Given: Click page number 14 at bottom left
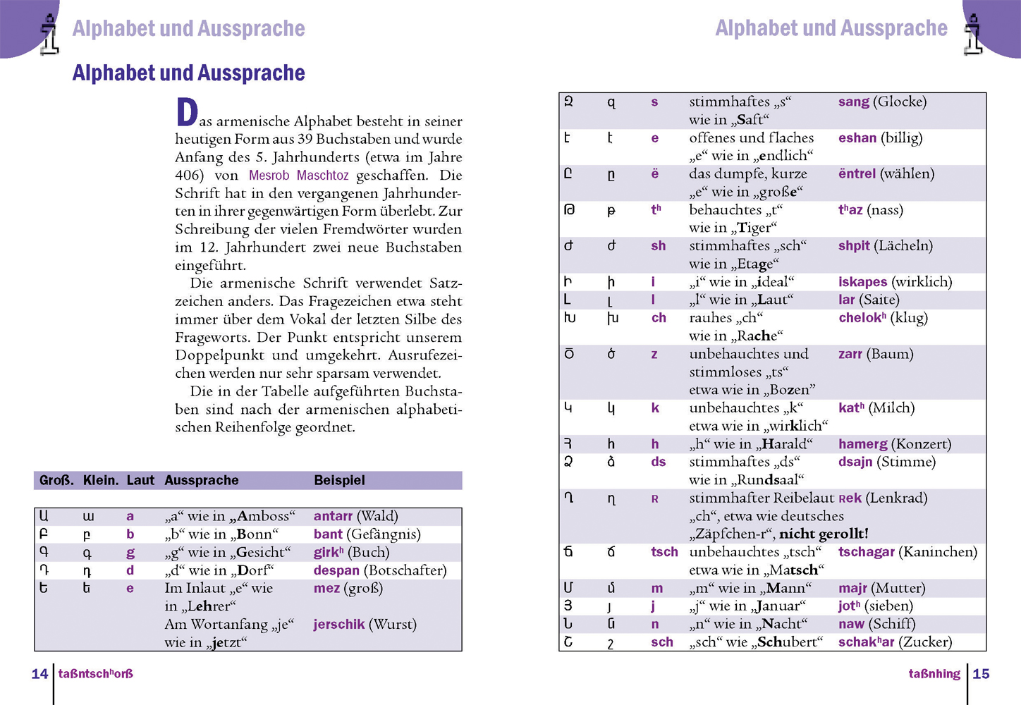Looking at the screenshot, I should (x=39, y=674).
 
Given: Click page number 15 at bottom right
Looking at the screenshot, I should (x=981, y=674).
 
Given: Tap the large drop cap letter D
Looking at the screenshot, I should (x=187, y=113).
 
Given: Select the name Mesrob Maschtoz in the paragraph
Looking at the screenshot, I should (x=298, y=176).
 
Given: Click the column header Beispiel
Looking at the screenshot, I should (x=339, y=480).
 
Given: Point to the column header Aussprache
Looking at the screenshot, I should (x=202, y=480).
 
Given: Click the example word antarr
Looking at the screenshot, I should (x=333, y=516).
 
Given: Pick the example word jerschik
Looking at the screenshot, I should (x=339, y=625).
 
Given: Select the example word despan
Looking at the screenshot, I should (x=336, y=570).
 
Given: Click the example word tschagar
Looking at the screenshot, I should (x=866, y=552).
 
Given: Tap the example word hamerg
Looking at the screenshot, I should (x=862, y=444).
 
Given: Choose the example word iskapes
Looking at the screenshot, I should (x=862, y=282).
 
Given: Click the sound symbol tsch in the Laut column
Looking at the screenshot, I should (x=664, y=552).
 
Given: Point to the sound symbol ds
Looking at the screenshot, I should (x=659, y=462).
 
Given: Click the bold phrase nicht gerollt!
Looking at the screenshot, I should (x=824, y=534).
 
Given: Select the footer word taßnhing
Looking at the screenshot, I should (x=934, y=674).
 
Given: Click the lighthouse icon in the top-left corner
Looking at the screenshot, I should (x=49, y=34).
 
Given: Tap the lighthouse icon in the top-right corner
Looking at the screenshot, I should (x=974, y=34).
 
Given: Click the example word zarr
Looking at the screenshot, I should (x=850, y=354).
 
